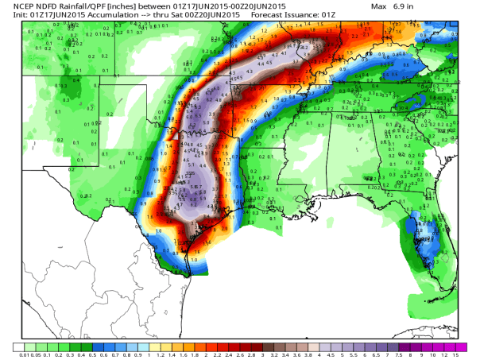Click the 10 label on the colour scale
432,354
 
